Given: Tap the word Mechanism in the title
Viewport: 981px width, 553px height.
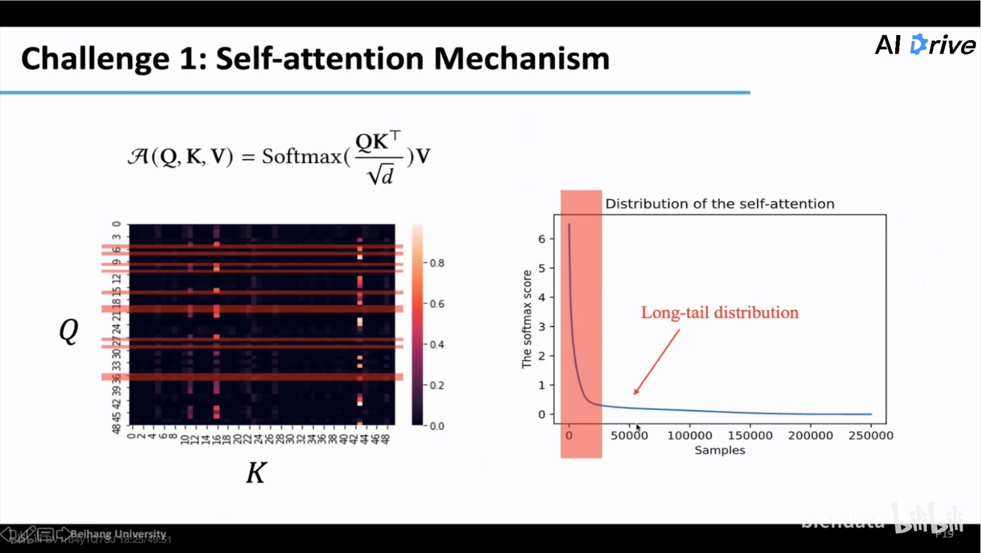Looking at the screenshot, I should tap(521, 59).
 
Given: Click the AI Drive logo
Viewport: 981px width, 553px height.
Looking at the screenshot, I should tap(925, 45).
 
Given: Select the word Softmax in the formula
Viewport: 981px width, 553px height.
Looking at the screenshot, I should tap(301, 157).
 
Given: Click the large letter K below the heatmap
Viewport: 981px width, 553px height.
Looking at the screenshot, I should tap(256, 473).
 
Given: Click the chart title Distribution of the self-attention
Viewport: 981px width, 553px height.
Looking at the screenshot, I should tap(720, 204).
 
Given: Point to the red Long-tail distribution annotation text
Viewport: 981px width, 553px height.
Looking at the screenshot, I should tap(719, 313).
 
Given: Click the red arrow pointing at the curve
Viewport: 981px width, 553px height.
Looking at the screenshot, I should tap(657, 362).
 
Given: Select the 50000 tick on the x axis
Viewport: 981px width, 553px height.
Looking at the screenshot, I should tap(629, 436).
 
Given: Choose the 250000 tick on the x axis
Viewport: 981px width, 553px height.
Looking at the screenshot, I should tap(871, 436).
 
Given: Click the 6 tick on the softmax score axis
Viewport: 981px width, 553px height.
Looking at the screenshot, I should tap(542, 239).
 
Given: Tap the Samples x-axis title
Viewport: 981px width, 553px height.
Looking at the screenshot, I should tap(720, 450).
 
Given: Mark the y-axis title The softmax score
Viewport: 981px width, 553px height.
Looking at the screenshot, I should tap(526, 319).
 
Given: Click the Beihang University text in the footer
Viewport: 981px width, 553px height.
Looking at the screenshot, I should tap(119, 534).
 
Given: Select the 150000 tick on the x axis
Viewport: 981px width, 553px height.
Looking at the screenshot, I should tap(750, 436).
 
